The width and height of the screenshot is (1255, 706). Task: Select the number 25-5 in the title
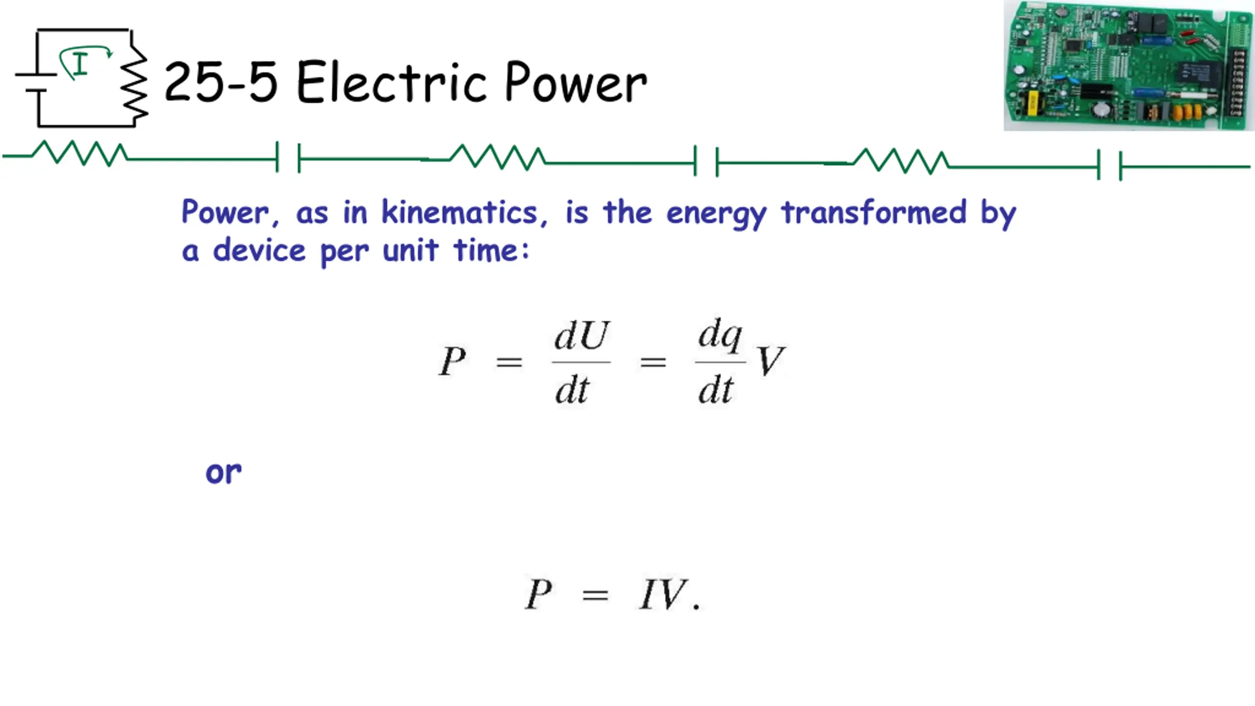point(221,82)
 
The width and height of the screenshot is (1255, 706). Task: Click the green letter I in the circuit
point(80,64)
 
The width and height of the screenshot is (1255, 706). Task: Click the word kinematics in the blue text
point(459,213)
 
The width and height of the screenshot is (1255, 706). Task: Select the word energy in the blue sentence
point(716,214)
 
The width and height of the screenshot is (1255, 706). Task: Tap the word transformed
point(874,212)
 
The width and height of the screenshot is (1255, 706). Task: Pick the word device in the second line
point(259,251)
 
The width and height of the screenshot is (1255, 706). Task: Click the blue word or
point(224,473)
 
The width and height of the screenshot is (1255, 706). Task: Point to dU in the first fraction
point(581,336)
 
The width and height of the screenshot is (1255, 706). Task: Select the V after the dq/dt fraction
point(770,361)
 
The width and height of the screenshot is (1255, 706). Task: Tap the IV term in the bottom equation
point(663,594)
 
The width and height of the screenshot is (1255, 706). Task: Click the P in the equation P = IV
point(539,594)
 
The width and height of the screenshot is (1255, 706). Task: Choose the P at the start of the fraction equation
point(452,361)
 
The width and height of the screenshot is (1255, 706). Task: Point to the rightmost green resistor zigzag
point(901,161)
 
